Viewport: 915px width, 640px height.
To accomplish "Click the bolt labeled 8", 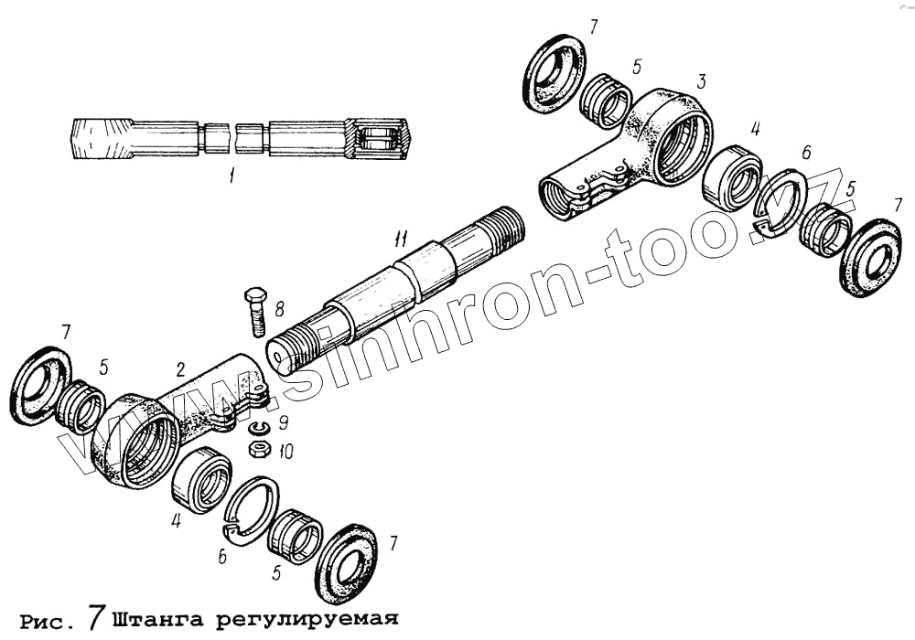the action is pos(255,312).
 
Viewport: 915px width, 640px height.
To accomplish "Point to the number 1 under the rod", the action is pos(231,176).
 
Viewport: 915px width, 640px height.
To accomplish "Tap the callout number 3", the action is pos(701,82).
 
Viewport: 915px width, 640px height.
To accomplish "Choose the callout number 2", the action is pos(181,370).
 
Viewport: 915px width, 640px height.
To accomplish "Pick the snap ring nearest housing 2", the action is pos(252,510).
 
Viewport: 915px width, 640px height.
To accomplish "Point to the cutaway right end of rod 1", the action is pos(377,139).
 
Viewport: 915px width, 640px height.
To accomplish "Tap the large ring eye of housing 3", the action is pos(678,137).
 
